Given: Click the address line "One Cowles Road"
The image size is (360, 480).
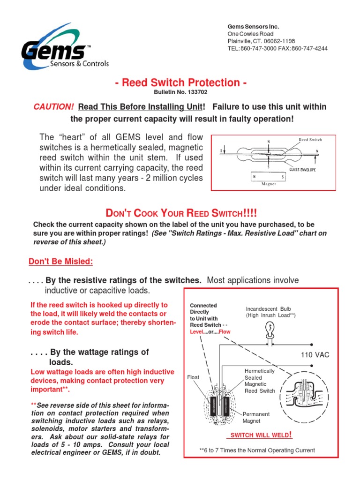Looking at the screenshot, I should pos(249,34).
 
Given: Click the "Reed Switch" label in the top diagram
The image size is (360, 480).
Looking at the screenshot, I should pos(310,140).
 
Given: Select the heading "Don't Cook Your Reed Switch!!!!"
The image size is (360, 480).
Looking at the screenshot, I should pos(180,212).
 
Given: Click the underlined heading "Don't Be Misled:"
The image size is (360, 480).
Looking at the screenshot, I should pos(61,261).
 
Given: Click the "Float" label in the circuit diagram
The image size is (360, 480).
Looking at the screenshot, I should pos(193,376).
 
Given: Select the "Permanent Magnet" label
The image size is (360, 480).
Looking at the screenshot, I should pos(256,417).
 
